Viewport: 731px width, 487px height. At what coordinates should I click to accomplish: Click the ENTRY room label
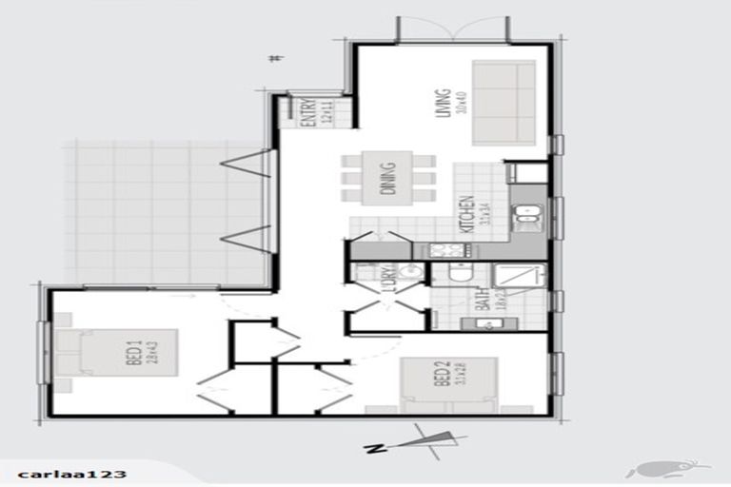pos(308,113)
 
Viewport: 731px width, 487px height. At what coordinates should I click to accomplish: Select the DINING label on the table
pos(388,178)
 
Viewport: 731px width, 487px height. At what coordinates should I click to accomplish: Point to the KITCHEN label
pos(465,216)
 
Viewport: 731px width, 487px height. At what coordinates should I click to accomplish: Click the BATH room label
pos(483,302)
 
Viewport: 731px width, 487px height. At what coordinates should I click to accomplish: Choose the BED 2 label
pos(440,381)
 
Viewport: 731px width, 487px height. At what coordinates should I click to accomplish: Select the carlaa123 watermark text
pos(59,473)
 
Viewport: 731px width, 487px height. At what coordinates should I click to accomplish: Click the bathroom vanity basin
pos(484,323)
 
